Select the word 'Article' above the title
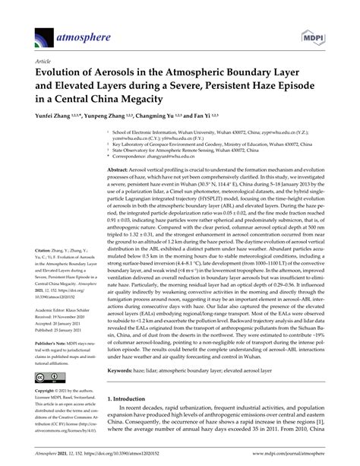(x=43, y=59)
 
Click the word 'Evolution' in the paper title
(x=65, y=72)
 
